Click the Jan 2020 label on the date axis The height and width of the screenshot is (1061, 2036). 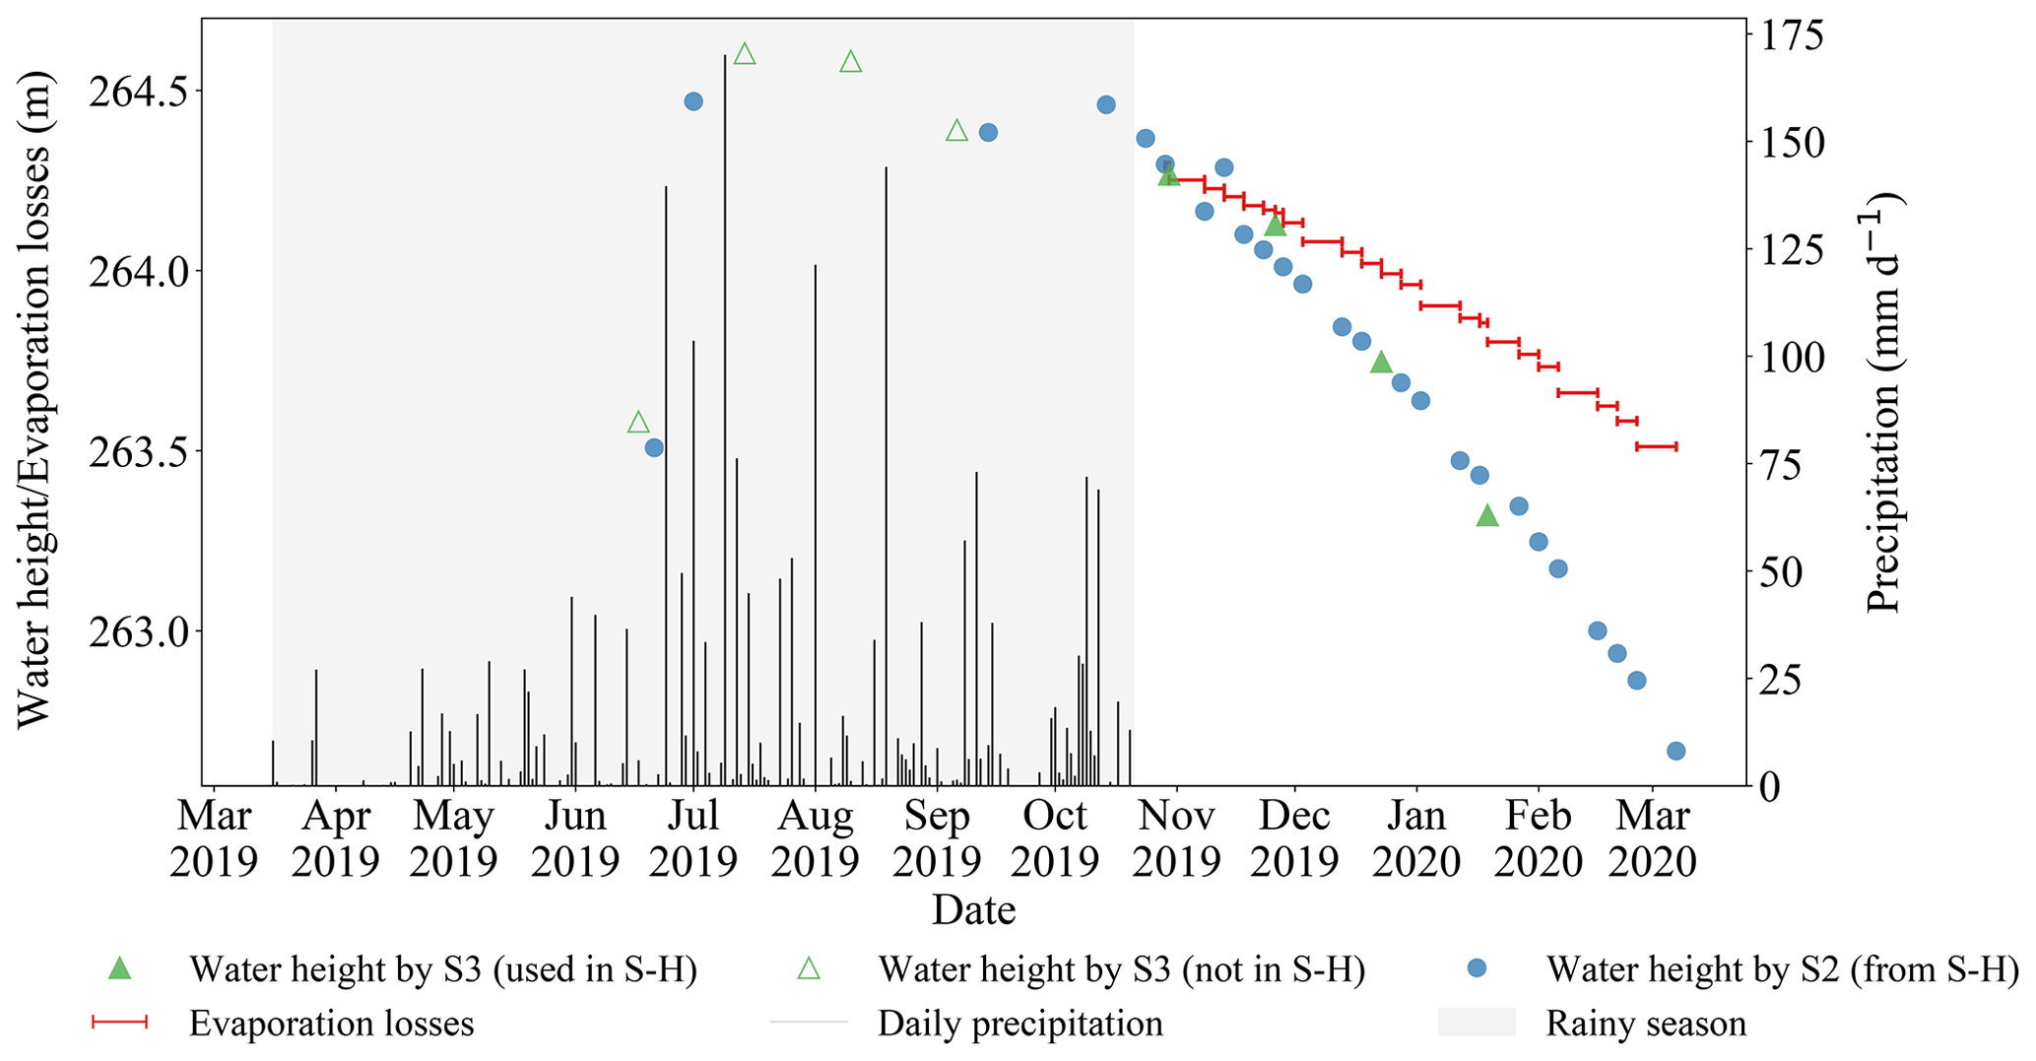click(1416, 838)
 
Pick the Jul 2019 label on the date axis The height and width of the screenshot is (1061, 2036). click(693, 838)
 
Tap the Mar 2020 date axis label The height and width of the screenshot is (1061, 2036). click(1652, 838)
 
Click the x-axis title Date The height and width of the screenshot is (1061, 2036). click(973, 909)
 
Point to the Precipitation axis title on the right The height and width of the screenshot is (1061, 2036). click(1883, 404)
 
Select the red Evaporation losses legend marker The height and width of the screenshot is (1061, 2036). click(119, 1024)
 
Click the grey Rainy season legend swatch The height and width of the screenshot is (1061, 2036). click(1476, 1023)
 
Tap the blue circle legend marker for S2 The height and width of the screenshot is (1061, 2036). click(1476, 969)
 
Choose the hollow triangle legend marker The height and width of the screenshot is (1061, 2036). click(809, 969)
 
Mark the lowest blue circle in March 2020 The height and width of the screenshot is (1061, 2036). click(1675, 751)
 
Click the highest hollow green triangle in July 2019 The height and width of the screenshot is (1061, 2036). click(745, 54)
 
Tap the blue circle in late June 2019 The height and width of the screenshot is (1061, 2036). click(654, 448)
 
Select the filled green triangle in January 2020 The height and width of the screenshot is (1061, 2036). click(1487, 515)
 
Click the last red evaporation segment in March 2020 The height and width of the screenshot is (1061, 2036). click(1656, 446)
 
